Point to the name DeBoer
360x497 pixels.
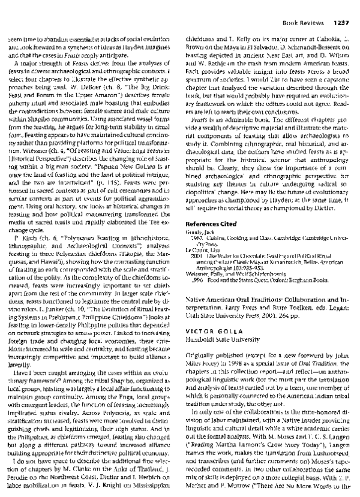[x=91, y=85]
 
